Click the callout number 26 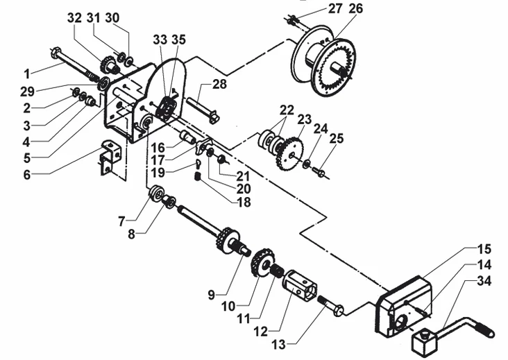355,8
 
